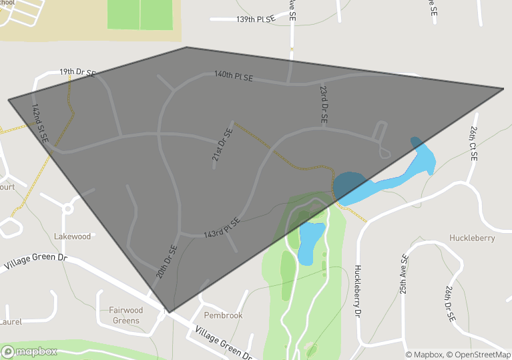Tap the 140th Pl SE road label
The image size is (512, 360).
tap(234, 76)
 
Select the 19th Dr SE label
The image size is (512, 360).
tap(77, 71)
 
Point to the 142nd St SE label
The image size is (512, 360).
tap(40, 124)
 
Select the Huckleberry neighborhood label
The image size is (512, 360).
tap(472, 238)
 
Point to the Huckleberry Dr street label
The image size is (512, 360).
tap(358, 291)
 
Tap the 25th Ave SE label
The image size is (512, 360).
tap(404, 275)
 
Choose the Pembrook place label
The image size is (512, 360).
tap(223, 315)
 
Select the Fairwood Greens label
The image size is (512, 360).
tap(125, 315)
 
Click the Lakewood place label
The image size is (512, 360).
tap(72, 236)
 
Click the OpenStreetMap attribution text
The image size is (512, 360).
tap(479, 355)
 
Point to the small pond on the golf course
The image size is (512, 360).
tap(310, 242)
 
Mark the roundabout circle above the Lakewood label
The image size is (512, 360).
tap(67, 208)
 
